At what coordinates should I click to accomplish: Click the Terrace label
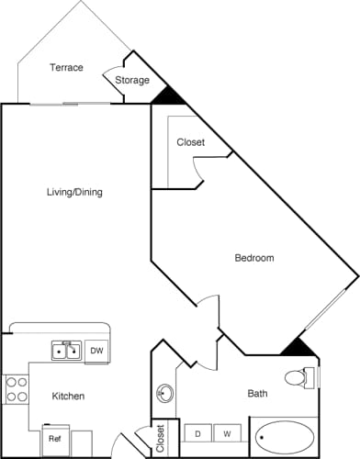click(66, 68)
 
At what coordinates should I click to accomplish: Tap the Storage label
click(132, 81)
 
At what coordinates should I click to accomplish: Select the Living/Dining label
click(74, 193)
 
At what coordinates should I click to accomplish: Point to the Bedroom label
click(254, 258)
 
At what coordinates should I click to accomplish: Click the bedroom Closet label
click(191, 143)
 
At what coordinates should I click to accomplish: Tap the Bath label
click(258, 394)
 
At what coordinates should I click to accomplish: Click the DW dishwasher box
click(97, 351)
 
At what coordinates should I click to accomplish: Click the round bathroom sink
click(165, 394)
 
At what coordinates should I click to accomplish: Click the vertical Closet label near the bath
click(160, 435)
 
